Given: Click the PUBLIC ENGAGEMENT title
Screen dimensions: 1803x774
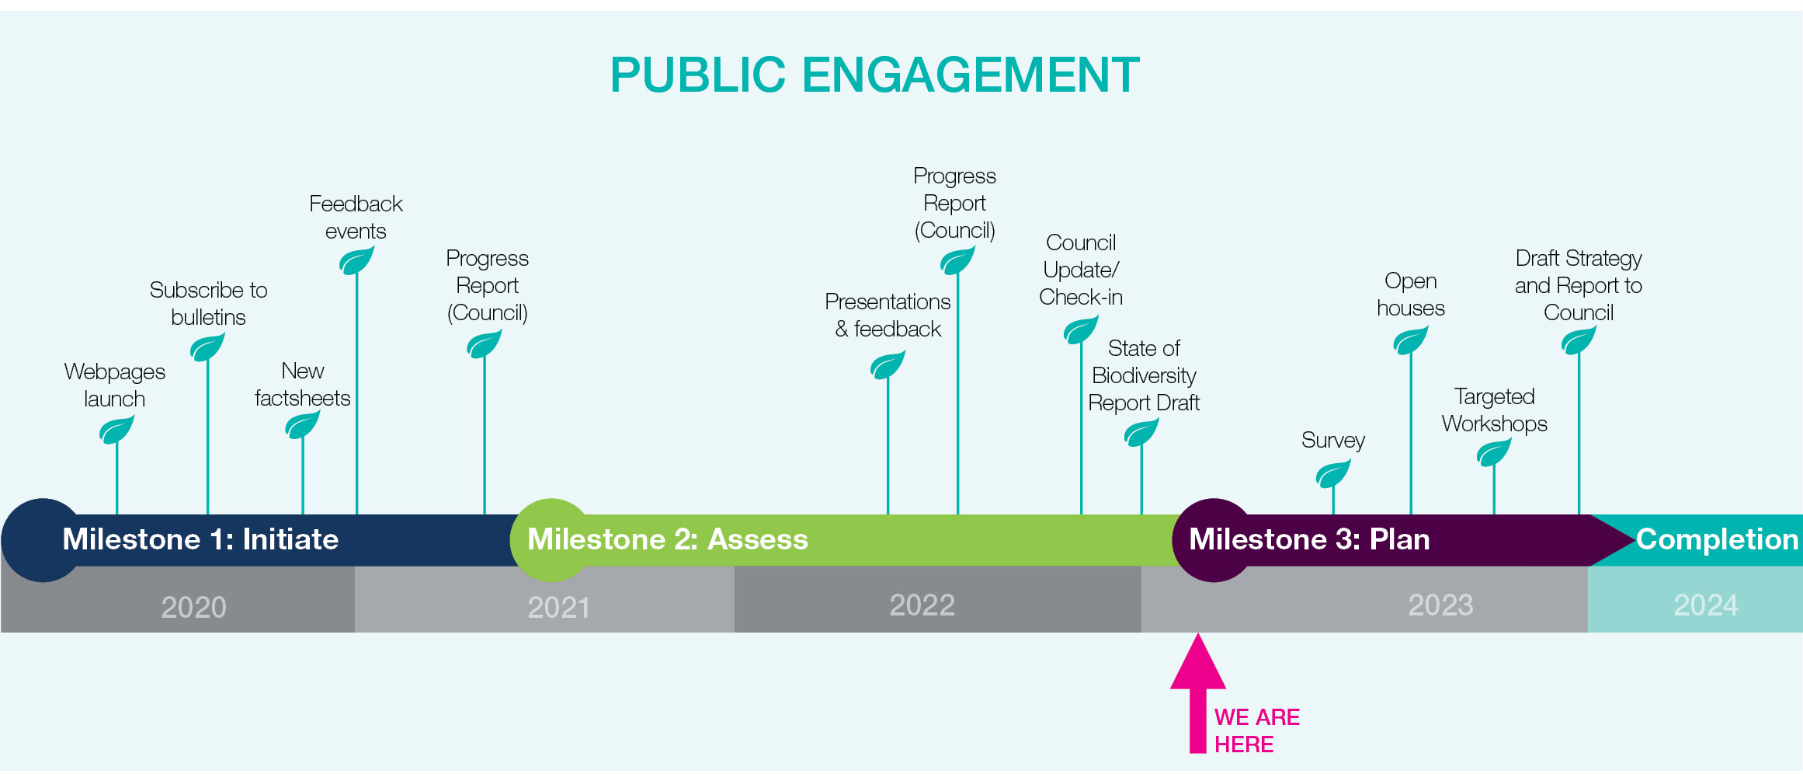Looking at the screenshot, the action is pos(874,75).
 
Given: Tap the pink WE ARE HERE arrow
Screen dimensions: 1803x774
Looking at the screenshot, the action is pos(1198,693).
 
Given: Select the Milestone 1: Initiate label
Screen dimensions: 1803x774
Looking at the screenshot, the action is pos(200,539).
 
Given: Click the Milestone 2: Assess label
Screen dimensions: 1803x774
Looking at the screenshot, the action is pos(668,539).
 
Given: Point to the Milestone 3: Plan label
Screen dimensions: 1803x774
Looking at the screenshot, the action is pos(1309,539).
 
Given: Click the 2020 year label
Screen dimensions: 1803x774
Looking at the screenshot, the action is pos(193,607).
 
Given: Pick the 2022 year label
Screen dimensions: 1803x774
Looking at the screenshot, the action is pos(922,605).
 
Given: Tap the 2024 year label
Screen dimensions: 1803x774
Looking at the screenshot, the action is pos(1706,605).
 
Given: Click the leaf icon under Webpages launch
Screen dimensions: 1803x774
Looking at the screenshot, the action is pos(116,430).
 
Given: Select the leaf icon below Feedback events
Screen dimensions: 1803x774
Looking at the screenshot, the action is pos(356,260).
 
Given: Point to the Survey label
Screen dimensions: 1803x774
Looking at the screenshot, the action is pos(1333,441).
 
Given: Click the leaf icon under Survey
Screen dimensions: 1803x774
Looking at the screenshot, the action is pos(1333,473).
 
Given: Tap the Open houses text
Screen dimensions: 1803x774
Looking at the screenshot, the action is pos(1411,295).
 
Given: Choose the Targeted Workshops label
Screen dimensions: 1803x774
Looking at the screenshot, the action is pos(1495,410).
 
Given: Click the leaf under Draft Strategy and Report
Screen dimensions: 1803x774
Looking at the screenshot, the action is pos(1579,340).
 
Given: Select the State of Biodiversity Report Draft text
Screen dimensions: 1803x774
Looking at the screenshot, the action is pos(1144,375).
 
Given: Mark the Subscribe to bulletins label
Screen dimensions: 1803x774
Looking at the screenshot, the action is pos(208,304).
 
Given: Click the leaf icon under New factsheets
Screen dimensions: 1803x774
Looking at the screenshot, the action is pos(303,425).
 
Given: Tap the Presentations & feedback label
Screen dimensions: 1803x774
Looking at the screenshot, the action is pos(888,316).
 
